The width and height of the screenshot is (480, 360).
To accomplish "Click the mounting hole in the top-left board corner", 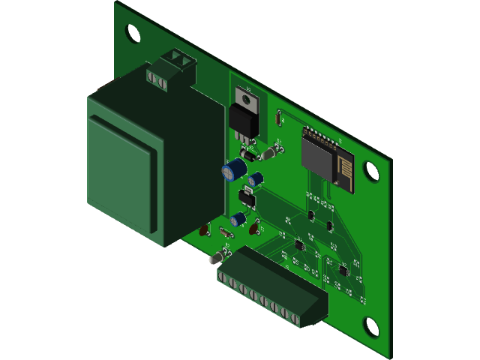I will [x=132, y=32].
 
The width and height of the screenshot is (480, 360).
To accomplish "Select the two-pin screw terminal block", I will [x=172, y=67].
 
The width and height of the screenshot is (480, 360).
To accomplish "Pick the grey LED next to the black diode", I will [x=269, y=154].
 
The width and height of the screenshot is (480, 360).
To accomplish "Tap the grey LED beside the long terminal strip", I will [x=215, y=257].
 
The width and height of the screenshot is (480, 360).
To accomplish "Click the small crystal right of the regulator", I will [x=279, y=117].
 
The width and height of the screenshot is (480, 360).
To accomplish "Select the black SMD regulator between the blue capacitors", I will [x=246, y=197].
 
